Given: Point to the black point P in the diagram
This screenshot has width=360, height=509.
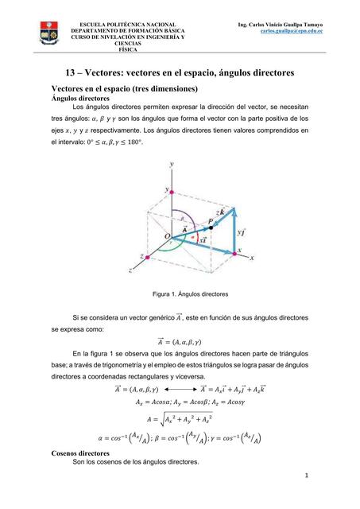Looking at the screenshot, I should pos(211,228).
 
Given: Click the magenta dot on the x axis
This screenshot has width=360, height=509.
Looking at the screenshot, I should pos(232,251).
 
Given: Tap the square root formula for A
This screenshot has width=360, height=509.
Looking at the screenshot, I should pos(180,417).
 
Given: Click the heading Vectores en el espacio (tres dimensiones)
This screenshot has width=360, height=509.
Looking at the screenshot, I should pos(130,87).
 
